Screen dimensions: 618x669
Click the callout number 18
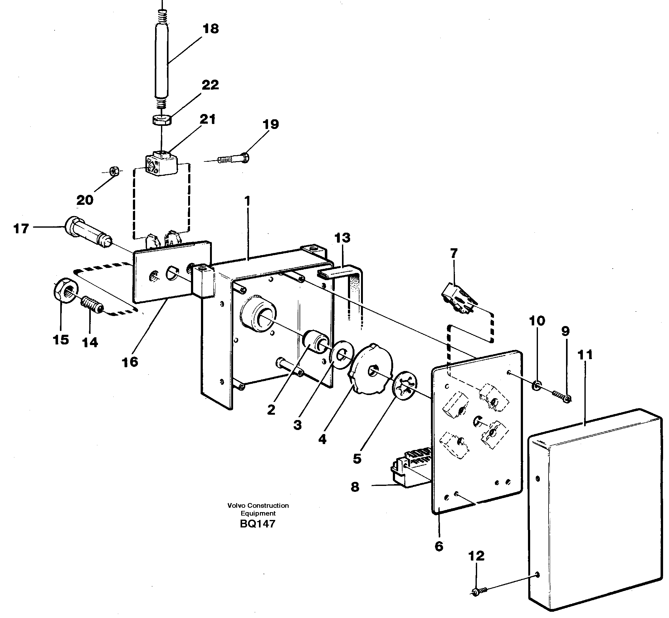(x=211, y=29)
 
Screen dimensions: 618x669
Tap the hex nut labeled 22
(x=162, y=119)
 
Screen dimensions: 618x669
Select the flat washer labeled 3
(x=341, y=355)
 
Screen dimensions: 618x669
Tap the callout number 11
(x=585, y=355)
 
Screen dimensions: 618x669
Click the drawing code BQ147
(x=257, y=524)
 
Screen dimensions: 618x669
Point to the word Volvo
(x=237, y=506)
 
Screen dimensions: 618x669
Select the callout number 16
(x=130, y=362)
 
